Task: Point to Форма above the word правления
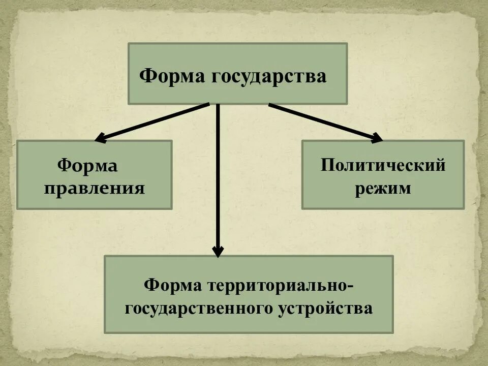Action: (x=87, y=165)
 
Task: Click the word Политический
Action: (x=383, y=165)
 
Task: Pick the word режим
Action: (x=383, y=189)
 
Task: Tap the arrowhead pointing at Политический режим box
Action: (x=377, y=137)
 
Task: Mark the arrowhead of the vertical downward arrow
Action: (x=218, y=251)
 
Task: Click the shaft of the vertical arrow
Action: (x=218, y=178)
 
